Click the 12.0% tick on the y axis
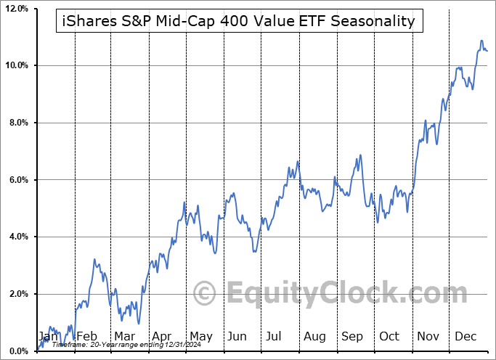[15, 9]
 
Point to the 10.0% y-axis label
[15, 66]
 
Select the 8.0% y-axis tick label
[16, 123]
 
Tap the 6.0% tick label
[16, 180]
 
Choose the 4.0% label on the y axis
[16, 237]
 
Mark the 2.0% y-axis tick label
[16, 294]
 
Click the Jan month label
[49, 337]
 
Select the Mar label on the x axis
[123, 337]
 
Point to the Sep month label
[352, 337]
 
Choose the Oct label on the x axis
[389, 337]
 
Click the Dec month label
[465, 337]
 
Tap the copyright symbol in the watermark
[205, 294]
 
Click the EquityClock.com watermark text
[337, 294]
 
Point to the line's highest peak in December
[481, 41]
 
